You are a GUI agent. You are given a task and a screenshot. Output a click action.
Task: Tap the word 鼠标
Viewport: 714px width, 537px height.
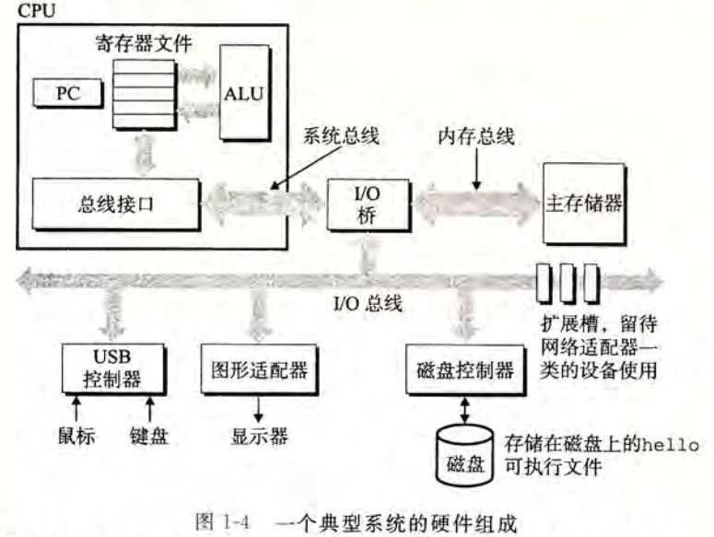[76, 434]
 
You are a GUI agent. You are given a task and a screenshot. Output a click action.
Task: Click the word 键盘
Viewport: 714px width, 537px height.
[149, 434]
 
